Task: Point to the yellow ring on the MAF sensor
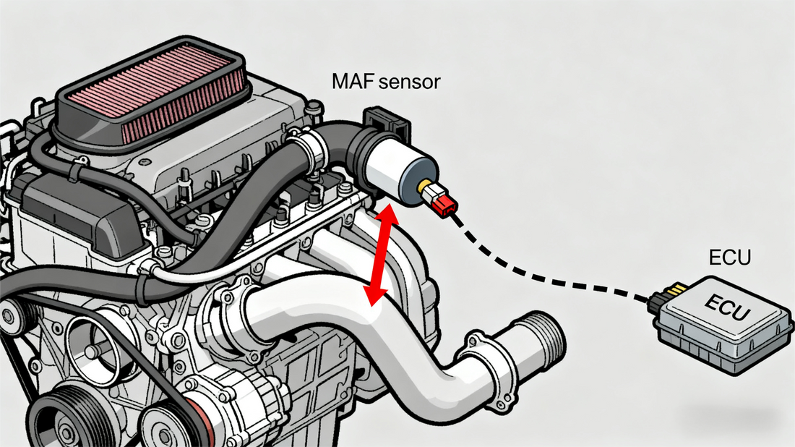[424, 189]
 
